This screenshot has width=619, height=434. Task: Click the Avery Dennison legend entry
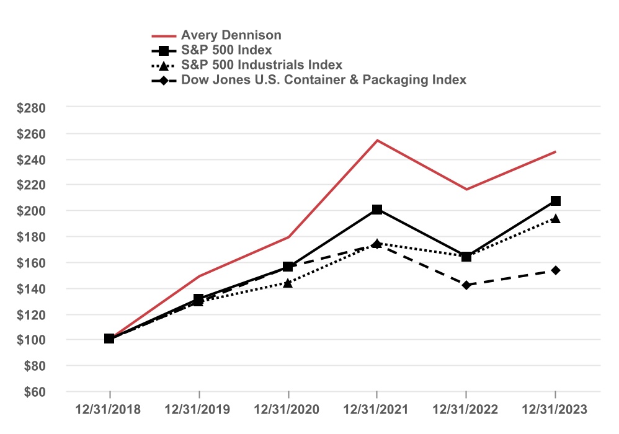tap(231, 35)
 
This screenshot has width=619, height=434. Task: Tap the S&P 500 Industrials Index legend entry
tap(261, 64)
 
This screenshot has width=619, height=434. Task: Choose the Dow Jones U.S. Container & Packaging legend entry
tap(323, 79)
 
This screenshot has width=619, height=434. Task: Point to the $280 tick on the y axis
tap(32, 108)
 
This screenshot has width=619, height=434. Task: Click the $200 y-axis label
tap(32, 211)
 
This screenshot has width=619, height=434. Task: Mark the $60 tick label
tap(34, 392)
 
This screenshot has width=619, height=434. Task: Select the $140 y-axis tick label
tap(32, 288)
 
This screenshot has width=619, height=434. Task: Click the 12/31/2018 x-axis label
tap(109, 410)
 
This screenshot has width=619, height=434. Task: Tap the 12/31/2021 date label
tap(377, 410)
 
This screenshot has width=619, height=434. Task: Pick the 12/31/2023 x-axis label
tap(555, 410)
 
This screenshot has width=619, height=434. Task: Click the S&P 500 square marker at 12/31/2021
tap(377, 210)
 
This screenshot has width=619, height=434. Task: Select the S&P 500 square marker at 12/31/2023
tap(555, 201)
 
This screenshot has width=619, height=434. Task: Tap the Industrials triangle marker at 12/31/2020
tap(288, 283)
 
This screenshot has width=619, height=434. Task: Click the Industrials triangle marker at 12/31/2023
tap(555, 218)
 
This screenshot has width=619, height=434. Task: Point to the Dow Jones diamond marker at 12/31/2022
tap(466, 285)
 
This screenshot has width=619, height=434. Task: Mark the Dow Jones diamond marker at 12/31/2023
tap(555, 270)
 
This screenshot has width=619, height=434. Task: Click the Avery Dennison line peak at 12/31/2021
tap(377, 140)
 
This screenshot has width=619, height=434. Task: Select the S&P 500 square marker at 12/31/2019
tap(198, 299)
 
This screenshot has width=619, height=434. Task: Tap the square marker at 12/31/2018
tap(109, 339)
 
